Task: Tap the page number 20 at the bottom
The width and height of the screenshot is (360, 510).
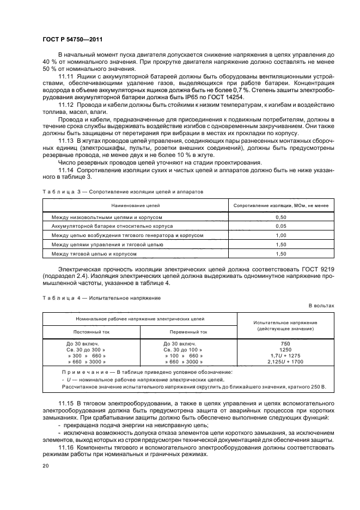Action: [45, 465]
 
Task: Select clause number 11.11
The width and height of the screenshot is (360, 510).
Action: [65, 76]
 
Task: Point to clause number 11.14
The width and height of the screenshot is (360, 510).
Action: [65, 170]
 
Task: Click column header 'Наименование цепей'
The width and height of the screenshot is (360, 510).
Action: [135, 206]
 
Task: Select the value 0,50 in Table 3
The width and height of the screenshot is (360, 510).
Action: [281, 217]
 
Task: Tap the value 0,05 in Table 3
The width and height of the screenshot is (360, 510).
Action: [281, 226]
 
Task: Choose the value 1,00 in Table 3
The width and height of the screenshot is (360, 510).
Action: [281, 235]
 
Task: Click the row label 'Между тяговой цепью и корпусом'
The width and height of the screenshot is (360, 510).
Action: [94, 254]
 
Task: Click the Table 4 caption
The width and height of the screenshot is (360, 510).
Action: [101, 298]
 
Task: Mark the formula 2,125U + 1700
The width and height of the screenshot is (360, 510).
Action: [285, 362]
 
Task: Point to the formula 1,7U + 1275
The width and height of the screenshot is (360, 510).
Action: [285, 356]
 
